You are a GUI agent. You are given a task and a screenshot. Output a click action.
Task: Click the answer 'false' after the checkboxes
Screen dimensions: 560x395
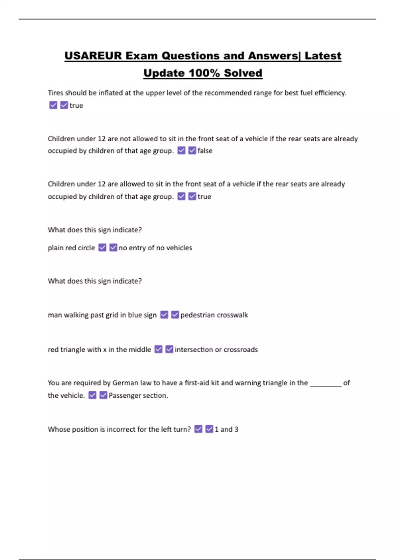pyautogui.click(x=205, y=151)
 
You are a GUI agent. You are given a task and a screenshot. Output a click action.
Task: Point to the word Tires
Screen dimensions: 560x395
pyautogui.click(x=55, y=93)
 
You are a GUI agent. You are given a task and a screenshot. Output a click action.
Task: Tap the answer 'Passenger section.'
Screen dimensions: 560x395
pyautogui.click(x=138, y=395)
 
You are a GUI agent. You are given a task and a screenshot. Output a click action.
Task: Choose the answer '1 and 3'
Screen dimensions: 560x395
pyautogui.click(x=226, y=429)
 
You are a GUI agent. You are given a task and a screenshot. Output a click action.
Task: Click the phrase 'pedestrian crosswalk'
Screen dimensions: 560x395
pyautogui.click(x=214, y=315)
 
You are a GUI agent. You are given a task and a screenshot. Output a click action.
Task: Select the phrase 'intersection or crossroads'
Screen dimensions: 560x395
pyautogui.click(x=216, y=350)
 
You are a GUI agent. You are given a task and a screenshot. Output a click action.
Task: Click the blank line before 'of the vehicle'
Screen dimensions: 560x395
pyautogui.click(x=326, y=383)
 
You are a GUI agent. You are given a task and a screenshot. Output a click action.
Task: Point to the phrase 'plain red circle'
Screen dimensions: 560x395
pyautogui.click(x=71, y=248)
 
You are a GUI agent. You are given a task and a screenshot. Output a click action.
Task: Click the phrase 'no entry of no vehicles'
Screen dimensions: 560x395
pyautogui.click(x=155, y=248)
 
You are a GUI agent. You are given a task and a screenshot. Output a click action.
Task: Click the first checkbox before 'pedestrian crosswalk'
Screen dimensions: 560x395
pyautogui.click(x=164, y=315)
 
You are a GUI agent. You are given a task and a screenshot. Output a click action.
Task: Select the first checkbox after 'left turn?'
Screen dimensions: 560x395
pyautogui.click(x=198, y=429)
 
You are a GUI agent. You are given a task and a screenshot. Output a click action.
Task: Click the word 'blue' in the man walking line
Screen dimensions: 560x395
pyautogui.click(x=135, y=315)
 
